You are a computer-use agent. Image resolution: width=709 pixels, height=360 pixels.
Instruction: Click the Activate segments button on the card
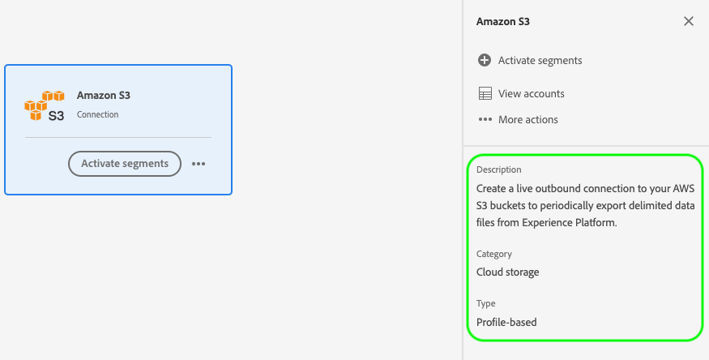point(125,163)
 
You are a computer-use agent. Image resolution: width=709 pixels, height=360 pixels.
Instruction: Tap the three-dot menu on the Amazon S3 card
point(199,164)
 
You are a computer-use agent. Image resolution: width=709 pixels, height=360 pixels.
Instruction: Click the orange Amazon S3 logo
point(45,105)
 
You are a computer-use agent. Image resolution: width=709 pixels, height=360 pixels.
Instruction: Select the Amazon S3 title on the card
point(104,95)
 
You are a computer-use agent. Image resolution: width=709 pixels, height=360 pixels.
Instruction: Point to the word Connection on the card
point(97,114)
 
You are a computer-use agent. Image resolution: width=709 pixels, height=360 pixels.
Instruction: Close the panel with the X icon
point(689,21)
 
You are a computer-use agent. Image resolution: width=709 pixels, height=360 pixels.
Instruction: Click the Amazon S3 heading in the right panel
point(503,22)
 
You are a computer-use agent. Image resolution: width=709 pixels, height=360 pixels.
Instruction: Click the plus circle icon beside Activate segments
point(485,60)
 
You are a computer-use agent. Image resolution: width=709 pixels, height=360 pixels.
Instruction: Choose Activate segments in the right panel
point(540,60)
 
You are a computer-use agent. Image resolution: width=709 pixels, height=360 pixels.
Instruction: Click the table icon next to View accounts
point(485,93)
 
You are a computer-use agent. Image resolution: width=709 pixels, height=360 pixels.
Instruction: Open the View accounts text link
point(531,93)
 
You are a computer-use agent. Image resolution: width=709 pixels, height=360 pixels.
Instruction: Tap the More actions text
point(527,119)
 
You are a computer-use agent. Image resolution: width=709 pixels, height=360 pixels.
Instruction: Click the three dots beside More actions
point(485,119)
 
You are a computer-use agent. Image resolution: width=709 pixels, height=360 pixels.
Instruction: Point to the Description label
point(498,169)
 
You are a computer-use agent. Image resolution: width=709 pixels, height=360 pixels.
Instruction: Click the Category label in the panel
point(494,254)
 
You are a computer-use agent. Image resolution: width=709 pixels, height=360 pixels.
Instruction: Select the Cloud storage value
point(508,272)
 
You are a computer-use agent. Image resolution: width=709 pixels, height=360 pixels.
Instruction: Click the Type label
point(485,303)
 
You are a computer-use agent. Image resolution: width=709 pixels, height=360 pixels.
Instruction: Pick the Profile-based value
point(506,322)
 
